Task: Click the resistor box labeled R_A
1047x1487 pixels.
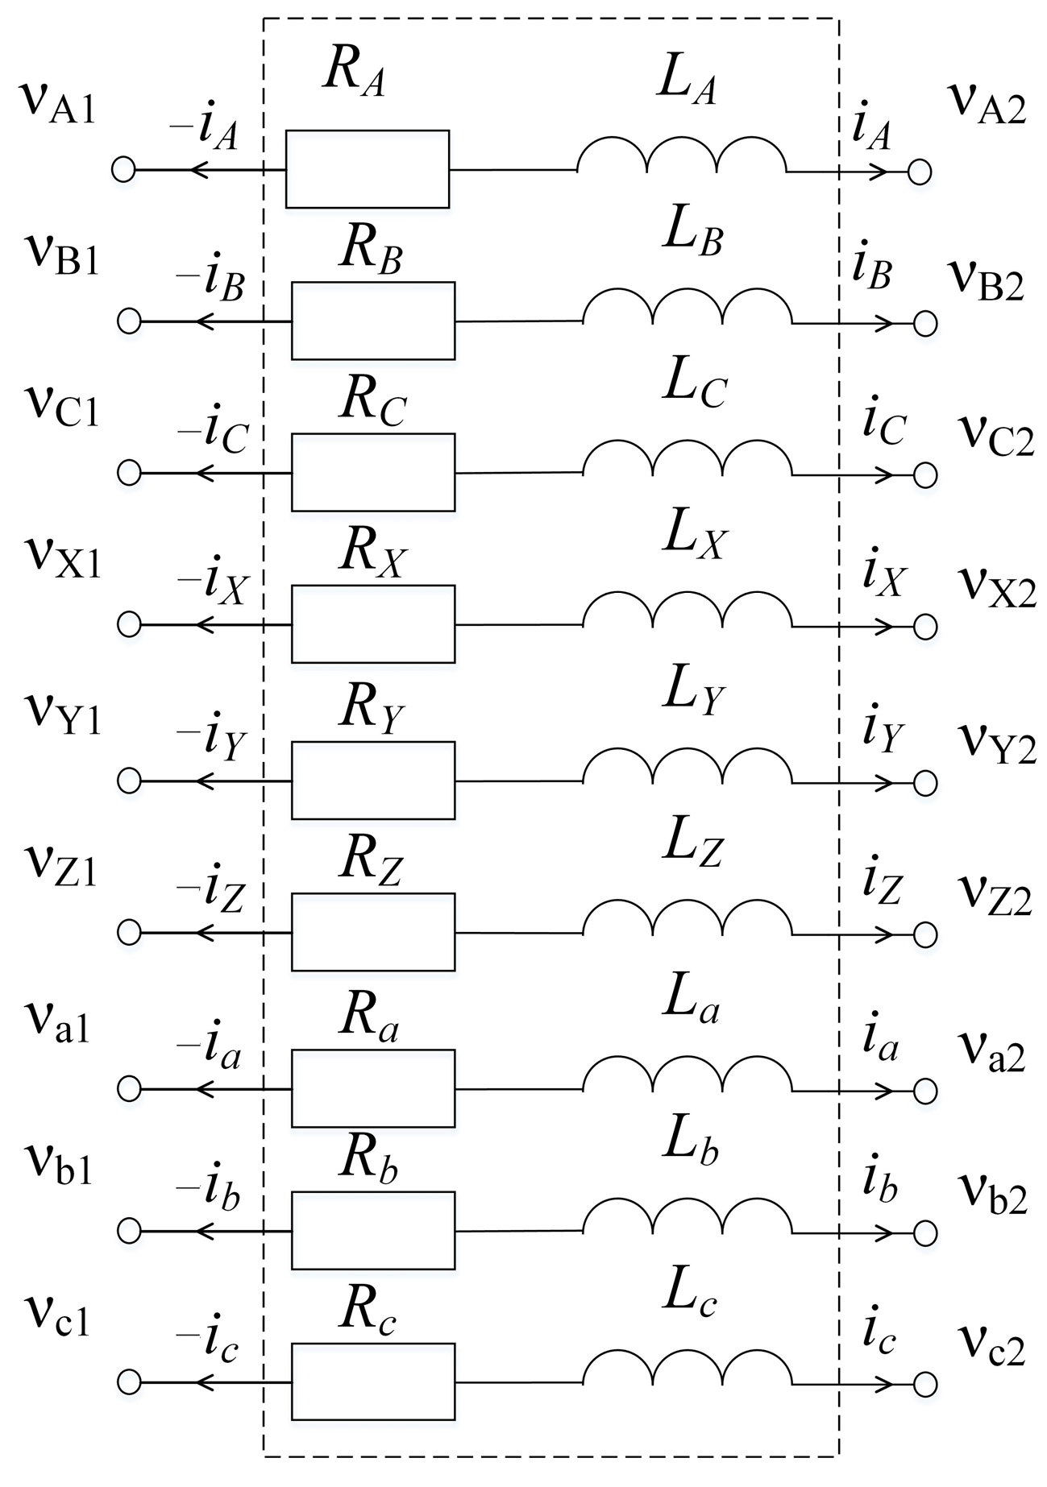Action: (x=368, y=169)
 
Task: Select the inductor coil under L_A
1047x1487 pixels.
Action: (x=681, y=157)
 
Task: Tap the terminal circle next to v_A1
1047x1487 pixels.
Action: (x=123, y=170)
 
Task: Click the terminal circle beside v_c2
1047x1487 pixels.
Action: (x=925, y=1385)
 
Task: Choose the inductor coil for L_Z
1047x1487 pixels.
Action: (x=687, y=920)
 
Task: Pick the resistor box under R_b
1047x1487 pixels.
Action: (x=373, y=1230)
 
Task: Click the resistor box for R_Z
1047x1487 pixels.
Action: (x=373, y=932)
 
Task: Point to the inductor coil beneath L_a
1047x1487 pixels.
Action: (x=687, y=1076)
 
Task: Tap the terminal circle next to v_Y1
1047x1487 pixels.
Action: (x=129, y=781)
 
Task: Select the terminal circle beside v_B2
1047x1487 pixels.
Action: (x=925, y=324)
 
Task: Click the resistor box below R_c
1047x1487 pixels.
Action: (x=373, y=1381)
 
